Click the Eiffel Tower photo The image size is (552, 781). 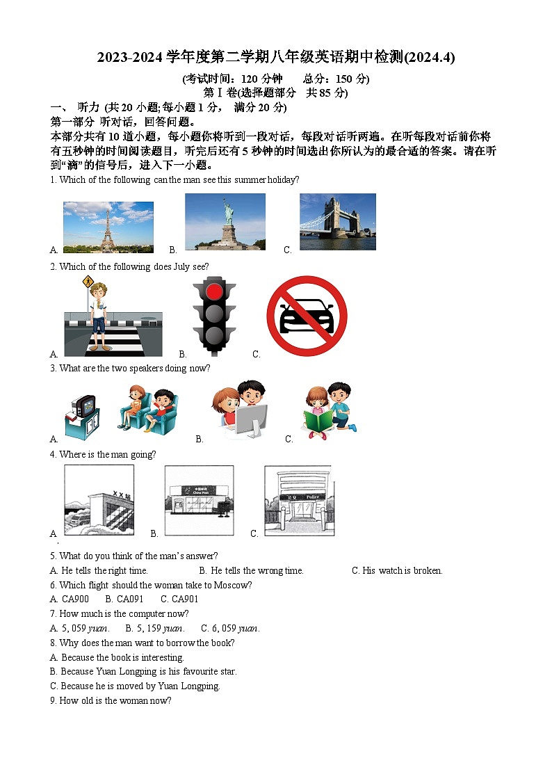(108, 227)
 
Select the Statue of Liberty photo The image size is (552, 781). (225, 221)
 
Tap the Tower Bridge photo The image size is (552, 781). (337, 221)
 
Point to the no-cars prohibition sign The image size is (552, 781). (307, 316)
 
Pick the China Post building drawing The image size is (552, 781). (199, 500)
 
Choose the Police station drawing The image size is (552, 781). (299, 500)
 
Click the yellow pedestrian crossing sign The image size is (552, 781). (88, 282)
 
